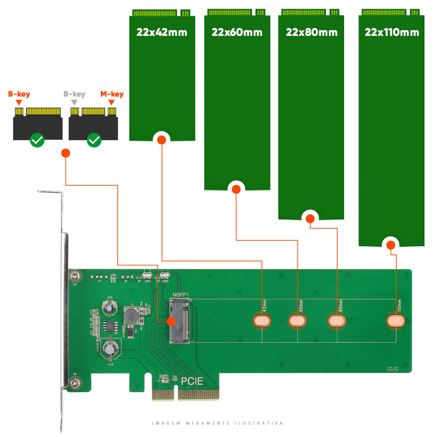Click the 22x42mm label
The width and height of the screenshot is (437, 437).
162,32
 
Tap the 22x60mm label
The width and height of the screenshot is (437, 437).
237,32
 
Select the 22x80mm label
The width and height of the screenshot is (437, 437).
311,32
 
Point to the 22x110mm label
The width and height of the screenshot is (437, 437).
392,32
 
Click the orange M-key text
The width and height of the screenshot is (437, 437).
112,94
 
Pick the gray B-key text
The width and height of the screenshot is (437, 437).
74,94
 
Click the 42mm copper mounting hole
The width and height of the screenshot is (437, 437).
262,321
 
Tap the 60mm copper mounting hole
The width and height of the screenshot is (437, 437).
298,321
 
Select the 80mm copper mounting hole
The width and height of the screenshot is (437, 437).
337,321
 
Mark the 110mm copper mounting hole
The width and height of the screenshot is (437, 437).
396,321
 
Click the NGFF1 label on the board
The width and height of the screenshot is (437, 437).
181,295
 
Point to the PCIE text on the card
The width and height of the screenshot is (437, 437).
192,381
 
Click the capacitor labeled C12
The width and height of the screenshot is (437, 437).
109,308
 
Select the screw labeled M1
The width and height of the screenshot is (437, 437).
75,276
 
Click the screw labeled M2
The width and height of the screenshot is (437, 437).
75,382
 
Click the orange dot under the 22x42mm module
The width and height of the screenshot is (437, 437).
162,140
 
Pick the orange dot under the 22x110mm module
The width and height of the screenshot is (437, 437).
391,245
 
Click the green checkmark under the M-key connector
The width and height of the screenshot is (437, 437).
94,140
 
